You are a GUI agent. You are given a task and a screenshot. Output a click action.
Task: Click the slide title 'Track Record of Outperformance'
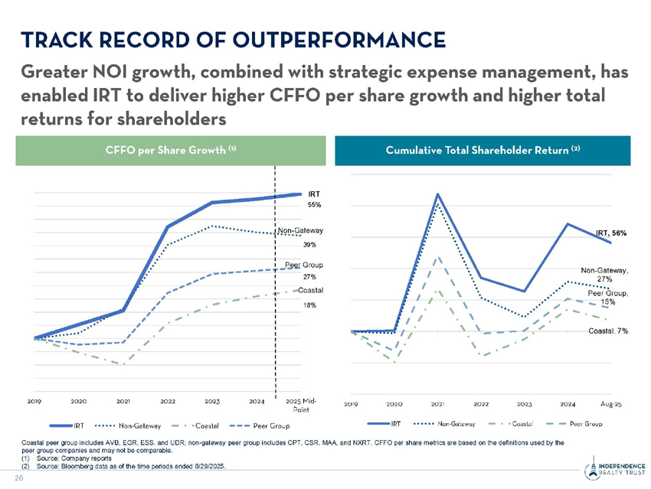(234, 39)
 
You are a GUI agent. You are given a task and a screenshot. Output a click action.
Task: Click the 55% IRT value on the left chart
(314, 205)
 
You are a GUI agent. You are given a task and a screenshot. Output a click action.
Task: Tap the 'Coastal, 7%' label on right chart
(608, 331)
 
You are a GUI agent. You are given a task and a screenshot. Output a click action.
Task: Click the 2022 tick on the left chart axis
(168, 401)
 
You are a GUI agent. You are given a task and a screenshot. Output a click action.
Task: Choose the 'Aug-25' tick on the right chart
(610, 403)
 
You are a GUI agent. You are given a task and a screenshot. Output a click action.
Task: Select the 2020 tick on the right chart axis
(394, 403)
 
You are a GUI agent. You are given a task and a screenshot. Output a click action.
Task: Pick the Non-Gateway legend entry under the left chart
(126, 425)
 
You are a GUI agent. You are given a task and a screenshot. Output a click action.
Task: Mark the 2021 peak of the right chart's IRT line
(437, 194)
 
